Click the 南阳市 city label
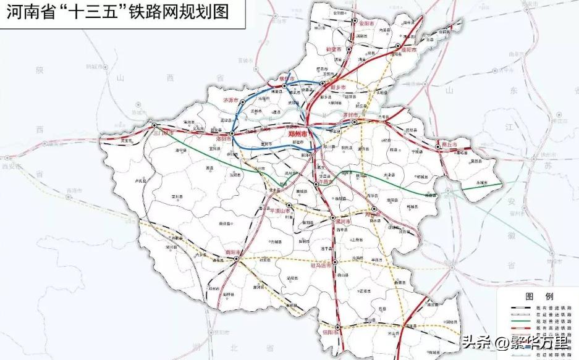(232, 252)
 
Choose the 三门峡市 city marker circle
(154, 125)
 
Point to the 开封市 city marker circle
(355, 123)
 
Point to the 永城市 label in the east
(484, 183)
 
